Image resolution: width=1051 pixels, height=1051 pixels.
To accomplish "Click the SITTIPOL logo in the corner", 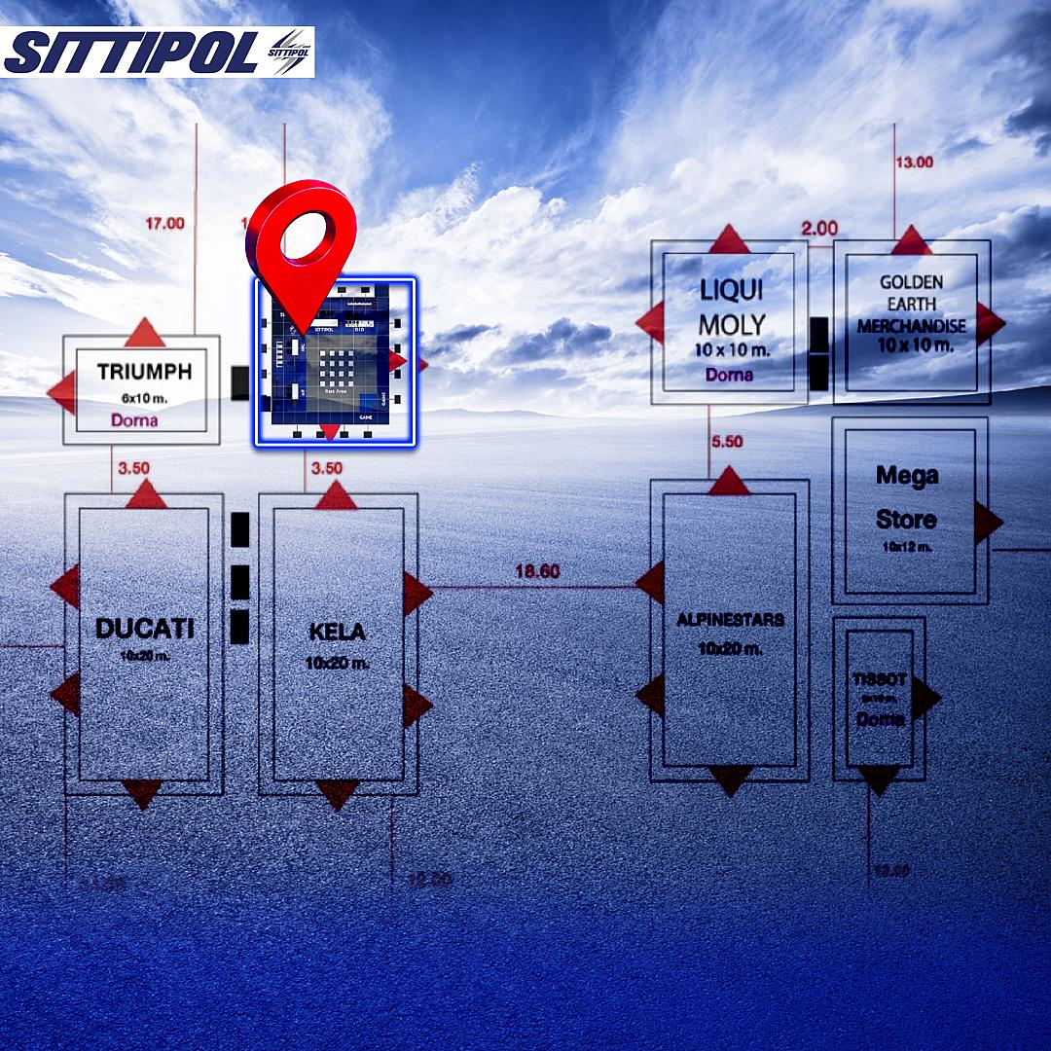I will (158, 52).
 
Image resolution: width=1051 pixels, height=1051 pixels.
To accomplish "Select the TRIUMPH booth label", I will (144, 372).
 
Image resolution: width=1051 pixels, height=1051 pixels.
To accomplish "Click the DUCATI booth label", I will (144, 629).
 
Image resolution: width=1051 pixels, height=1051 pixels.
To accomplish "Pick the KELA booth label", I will (337, 633).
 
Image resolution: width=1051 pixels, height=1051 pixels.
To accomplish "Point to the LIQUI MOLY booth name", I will (732, 308).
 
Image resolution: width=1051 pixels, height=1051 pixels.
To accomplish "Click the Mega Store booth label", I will (906, 497).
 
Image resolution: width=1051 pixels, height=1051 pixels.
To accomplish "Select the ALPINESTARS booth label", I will (730, 620).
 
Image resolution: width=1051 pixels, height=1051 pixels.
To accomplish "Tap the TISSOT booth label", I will (880, 679).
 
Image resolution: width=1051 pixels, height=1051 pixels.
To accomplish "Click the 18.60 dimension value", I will (537, 572).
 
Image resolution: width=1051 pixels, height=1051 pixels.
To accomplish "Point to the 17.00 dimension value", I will (164, 224).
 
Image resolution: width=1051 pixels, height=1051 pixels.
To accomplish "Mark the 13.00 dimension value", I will (914, 163).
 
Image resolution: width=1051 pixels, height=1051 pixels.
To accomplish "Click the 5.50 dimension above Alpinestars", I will (727, 442).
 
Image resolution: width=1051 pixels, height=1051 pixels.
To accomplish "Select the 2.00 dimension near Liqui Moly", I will (819, 229).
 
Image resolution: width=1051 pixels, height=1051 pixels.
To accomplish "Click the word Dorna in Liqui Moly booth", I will (729, 375).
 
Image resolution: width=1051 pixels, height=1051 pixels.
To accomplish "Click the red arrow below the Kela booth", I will (337, 792).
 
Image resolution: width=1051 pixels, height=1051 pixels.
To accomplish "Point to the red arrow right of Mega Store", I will (987, 523).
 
